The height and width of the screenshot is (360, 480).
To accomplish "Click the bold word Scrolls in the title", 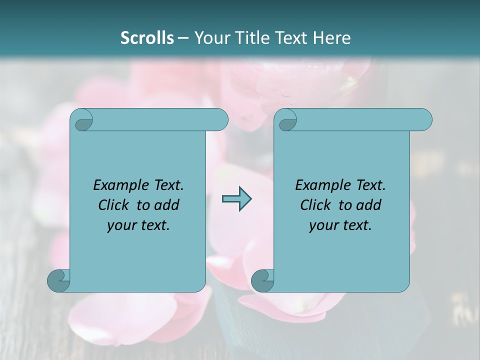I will click(x=147, y=37).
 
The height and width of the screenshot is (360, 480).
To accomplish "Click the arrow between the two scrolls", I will click(x=236, y=199).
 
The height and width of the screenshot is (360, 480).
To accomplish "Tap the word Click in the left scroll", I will click(x=109, y=205).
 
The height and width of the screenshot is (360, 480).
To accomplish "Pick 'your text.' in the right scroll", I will click(x=340, y=225).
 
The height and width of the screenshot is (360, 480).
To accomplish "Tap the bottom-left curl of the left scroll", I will click(x=58, y=280).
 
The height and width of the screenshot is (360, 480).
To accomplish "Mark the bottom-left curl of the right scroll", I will click(x=262, y=280).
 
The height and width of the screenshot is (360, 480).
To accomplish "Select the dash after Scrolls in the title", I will click(x=183, y=38).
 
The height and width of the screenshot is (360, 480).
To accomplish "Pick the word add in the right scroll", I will click(x=369, y=205).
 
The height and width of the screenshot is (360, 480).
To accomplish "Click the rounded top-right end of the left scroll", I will click(x=220, y=120).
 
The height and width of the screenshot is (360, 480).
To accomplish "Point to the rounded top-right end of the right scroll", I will click(x=424, y=120).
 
